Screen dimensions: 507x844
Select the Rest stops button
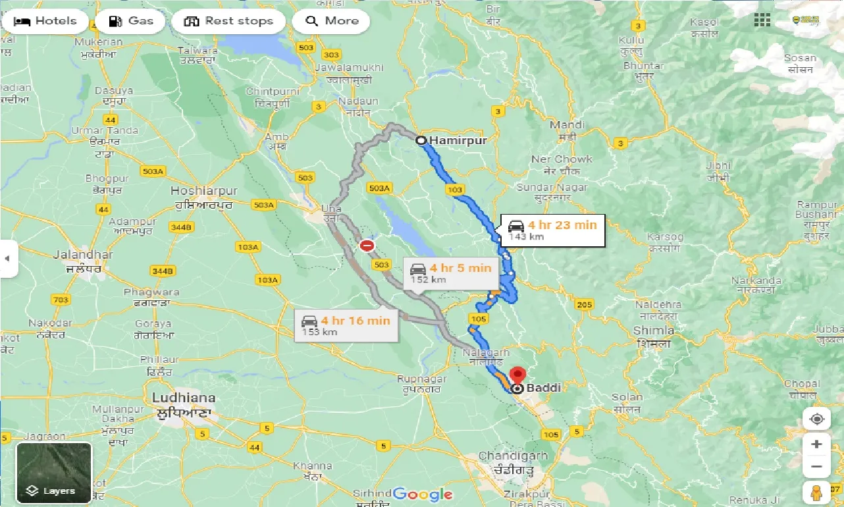228,21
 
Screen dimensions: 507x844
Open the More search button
331,21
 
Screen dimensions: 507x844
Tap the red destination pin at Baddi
517,375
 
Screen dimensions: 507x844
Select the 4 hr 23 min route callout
552,230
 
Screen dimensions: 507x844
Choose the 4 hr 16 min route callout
346,325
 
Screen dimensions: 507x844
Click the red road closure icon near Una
367,246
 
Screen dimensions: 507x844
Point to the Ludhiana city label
183,398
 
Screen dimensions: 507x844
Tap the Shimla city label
653,331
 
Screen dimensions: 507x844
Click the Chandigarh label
513,456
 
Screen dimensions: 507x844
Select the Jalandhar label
84,255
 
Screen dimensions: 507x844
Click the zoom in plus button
816,444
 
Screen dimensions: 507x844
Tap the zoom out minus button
816,467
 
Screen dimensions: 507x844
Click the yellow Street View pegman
816,493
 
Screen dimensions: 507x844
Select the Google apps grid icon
762,21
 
